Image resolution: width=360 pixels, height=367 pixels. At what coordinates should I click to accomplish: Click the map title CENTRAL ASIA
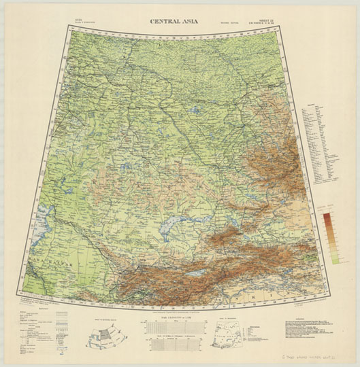180,21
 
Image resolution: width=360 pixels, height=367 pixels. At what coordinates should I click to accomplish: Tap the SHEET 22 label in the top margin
267,20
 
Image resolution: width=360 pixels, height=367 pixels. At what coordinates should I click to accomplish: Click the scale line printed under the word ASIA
83,25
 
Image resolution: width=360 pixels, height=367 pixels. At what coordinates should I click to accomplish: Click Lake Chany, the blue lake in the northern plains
194,111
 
